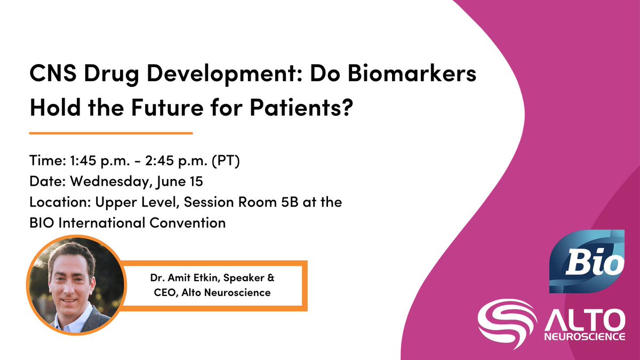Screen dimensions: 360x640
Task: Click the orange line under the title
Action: tap(110, 132)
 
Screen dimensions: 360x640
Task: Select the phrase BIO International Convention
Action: tap(127, 223)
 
